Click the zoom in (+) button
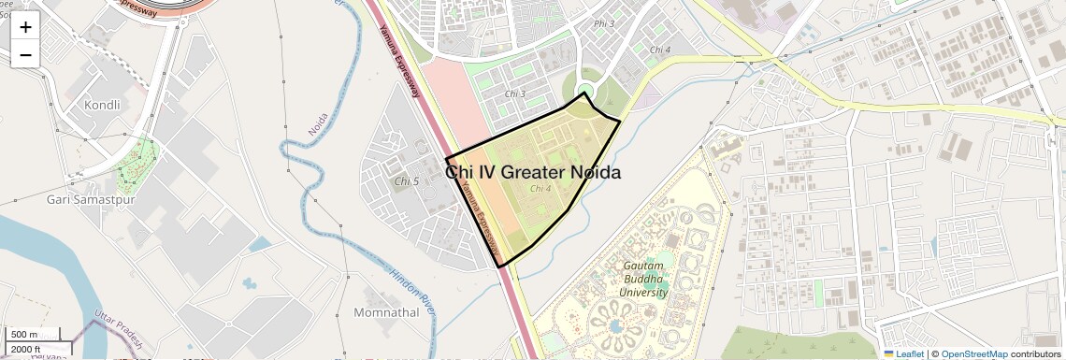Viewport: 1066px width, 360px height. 25,27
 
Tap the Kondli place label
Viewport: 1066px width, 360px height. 102,105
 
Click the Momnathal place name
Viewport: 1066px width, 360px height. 387,311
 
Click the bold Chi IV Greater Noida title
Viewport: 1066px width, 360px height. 533,172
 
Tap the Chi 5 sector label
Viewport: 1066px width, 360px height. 407,180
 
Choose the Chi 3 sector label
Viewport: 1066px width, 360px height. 515,94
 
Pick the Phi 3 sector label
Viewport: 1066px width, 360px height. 604,23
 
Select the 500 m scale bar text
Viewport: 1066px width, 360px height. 24,335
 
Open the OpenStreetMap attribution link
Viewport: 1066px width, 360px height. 973,354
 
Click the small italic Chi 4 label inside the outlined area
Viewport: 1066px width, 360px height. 540,188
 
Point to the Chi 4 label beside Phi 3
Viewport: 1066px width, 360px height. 660,49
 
